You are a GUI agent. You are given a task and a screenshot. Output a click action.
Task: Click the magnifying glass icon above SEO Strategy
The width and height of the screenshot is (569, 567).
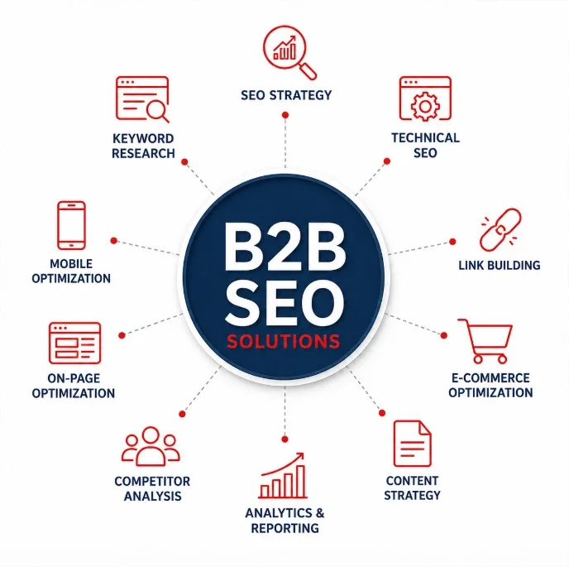pyautogui.click(x=284, y=46)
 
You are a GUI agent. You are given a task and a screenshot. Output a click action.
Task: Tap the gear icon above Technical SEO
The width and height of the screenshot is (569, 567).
pyautogui.click(x=425, y=106)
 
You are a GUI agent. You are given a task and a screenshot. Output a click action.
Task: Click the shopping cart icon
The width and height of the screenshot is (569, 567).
pyautogui.click(x=485, y=341)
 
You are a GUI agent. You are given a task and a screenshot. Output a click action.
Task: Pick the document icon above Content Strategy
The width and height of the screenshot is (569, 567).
pyautogui.click(x=412, y=443)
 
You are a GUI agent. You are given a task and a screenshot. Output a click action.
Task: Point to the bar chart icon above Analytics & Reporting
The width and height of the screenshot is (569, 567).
pyautogui.click(x=283, y=475)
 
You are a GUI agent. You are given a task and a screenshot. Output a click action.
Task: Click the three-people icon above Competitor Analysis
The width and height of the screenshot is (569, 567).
pyautogui.click(x=151, y=446)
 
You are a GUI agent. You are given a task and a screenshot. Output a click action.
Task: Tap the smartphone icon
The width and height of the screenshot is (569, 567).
pyautogui.click(x=71, y=225)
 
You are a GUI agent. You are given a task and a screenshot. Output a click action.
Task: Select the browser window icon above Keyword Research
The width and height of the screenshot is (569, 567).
pyautogui.click(x=142, y=99)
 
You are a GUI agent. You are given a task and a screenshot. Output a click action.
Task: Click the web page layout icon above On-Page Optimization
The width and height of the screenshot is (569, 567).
pyautogui.click(x=74, y=343)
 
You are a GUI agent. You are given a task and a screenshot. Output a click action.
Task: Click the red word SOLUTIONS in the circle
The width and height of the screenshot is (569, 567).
pyautogui.click(x=284, y=341)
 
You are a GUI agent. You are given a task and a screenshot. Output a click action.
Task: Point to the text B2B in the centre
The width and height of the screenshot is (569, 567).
pyautogui.click(x=284, y=247)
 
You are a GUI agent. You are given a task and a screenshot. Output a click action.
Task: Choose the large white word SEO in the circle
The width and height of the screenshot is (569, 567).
pyautogui.click(x=284, y=301)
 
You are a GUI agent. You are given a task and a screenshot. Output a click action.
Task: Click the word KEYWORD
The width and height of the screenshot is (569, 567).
pyautogui.click(x=143, y=138)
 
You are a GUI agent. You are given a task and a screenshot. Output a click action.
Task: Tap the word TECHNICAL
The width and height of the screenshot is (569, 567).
pyautogui.click(x=425, y=137)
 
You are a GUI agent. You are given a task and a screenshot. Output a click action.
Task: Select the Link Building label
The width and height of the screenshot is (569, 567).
pyautogui.click(x=500, y=265)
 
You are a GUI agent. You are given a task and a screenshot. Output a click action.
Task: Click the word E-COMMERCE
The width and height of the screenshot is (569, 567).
pyautogui.click(x=490, y=377)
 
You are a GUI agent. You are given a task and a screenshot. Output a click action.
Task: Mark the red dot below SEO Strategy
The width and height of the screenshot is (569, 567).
pyautogui.click(x=285, y=115)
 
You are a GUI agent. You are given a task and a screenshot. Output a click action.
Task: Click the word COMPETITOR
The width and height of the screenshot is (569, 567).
pyautogui.click(x=152, y=481)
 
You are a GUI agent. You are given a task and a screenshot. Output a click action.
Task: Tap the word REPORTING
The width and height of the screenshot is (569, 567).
pyautogui.click(x=284, y=528)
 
